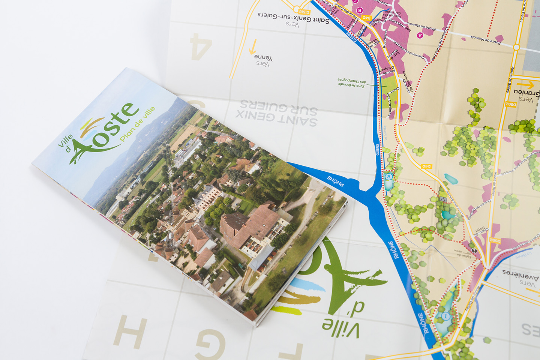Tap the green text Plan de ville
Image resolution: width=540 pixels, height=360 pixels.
pos(137,124)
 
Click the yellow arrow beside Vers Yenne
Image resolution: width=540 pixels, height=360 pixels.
pos(253,46)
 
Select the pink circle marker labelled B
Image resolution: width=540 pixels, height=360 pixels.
pos(359,10)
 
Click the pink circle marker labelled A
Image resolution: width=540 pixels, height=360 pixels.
pos(420,35)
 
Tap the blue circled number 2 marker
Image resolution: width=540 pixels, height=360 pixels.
pos(388,177)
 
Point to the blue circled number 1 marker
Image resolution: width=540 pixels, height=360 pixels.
pos(445,316)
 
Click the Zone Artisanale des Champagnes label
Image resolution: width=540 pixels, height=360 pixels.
pos(351,82)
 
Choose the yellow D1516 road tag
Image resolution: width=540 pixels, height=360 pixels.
pos(304,12)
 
